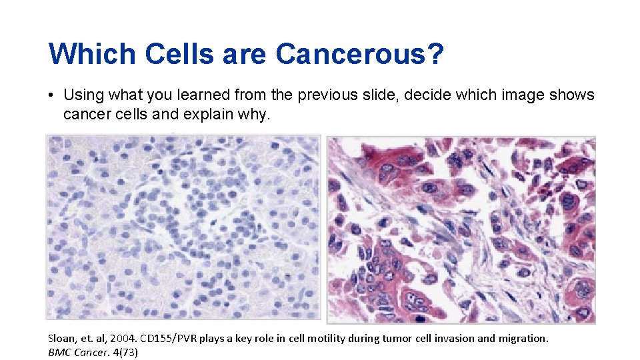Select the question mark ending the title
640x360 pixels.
tap(436, 54)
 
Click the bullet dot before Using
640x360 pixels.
tap(51, 95)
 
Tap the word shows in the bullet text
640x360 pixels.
tap(571, 95)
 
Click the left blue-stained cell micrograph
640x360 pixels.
tap(183, 227)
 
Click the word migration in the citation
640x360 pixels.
tap(522, 338)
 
